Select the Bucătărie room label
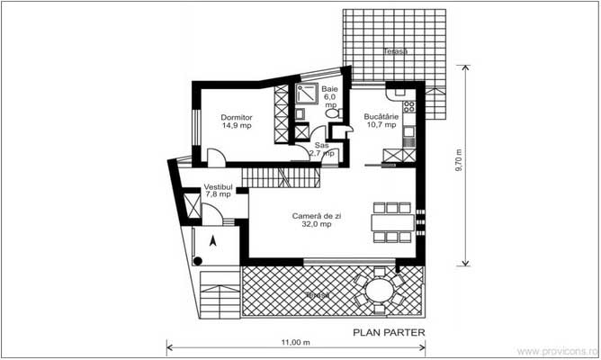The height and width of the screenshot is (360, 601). (381, 121)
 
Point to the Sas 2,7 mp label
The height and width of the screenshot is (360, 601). (321, 149)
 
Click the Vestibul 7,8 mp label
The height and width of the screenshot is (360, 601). (218, 190)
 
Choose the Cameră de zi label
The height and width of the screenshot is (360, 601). (312, 220)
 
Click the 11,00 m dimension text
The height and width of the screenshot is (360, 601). (294, 343)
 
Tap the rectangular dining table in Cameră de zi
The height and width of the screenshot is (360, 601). (390, 222)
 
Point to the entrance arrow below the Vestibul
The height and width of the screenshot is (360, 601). (212, 240)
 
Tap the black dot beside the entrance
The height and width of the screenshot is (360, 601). (196, 261)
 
